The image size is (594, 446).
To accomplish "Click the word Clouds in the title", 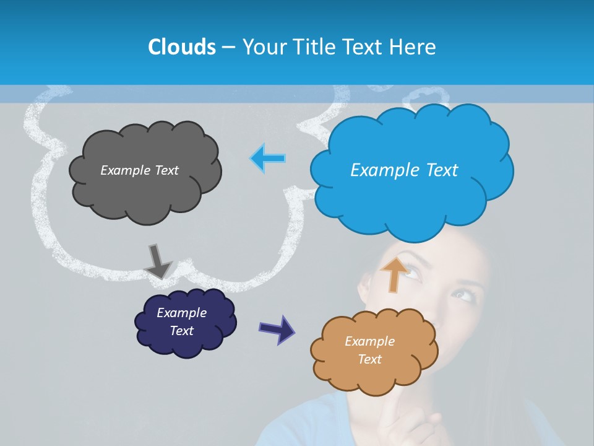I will (x=181, y=47).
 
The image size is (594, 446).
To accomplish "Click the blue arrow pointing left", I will (x=269, y=158).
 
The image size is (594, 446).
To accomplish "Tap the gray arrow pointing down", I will (x=157, y=261).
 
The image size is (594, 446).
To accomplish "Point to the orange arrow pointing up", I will (x=394, y=274).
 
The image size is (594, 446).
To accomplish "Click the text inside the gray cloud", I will (x=139, y=170).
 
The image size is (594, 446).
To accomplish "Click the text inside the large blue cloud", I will (x=404, y=170).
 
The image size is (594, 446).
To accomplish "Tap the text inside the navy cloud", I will (x=181, y=321).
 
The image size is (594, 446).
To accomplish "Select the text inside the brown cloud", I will (x=369, y=350).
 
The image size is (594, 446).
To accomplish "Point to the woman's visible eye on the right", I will (x=463, y=294).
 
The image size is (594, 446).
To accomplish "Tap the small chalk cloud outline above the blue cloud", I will (x=426, y=95).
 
